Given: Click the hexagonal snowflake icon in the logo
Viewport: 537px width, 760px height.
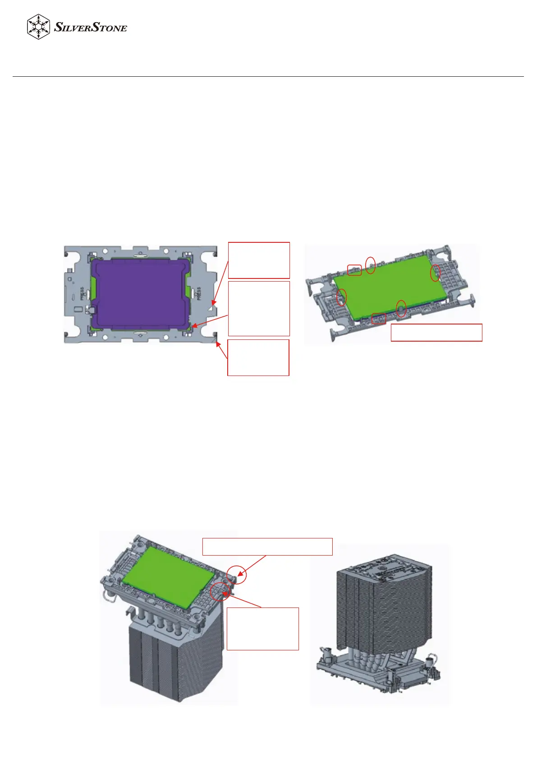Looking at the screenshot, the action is pyautogui.click(x=39, y=27).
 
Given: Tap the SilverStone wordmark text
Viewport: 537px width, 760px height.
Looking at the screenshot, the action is pyautogui.click(x=91, y=27).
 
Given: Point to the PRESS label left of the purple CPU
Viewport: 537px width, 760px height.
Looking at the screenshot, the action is pyautogui.click(x=83, y=293).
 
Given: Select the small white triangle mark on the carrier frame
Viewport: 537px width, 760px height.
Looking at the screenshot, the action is pyautogui.click(x=212, y=307).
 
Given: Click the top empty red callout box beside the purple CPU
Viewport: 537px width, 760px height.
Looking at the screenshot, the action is pyautogui.click(x=259, y=260).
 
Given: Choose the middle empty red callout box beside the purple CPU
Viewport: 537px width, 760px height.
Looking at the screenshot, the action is pyautogui.click(x=259, y=308).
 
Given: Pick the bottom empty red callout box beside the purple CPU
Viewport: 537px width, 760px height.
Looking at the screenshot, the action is pyautogui.click(x=258, y=357).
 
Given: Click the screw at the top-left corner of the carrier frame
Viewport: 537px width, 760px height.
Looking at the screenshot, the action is pyautogui.click(x=66, y=254).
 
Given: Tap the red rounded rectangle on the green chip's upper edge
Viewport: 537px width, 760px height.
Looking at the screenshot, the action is pyautogui.click(x=354, y=270).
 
